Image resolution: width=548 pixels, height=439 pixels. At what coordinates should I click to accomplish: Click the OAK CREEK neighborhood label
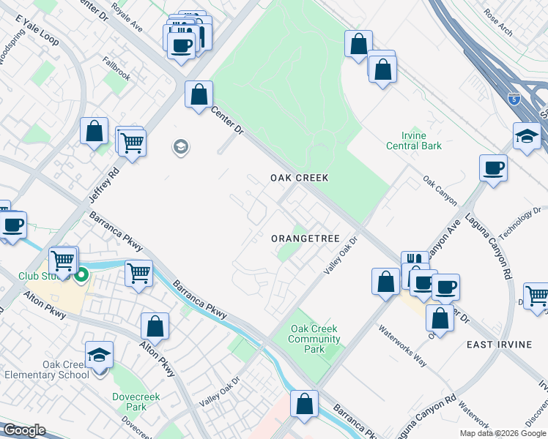tap(299, 178)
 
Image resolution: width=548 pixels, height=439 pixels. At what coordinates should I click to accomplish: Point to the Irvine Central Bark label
tap(414, 140)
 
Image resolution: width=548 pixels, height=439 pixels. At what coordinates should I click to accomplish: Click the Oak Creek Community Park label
tap(315, 339)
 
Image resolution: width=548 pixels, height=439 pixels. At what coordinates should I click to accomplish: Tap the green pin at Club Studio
tap(81, 276)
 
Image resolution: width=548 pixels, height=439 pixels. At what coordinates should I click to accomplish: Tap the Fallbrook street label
tap(116, 70)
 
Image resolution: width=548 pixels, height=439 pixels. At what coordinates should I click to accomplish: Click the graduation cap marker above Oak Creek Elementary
tap(100, 356)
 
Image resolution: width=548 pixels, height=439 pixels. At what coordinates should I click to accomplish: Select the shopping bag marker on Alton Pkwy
tap(155, 326)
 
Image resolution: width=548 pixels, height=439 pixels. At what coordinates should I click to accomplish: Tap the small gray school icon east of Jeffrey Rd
tap(179, 148)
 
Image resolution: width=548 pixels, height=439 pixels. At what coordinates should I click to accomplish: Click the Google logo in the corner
tap(23, 430)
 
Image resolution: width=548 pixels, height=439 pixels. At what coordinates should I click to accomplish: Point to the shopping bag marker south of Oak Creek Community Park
tap(305, 404)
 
